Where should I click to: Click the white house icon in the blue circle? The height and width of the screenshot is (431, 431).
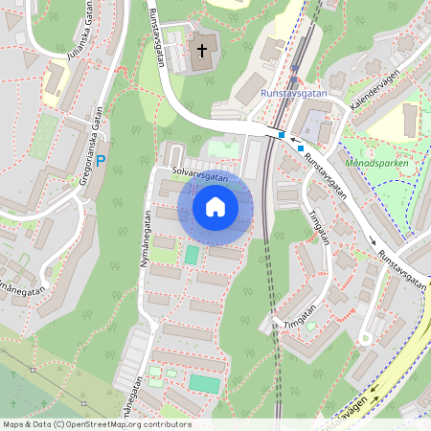point(215,206)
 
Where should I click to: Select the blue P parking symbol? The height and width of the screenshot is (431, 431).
point(101,162)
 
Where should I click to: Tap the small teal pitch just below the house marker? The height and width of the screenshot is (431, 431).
point(192,256)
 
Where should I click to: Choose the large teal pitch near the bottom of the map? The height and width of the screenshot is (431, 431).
point(204,383)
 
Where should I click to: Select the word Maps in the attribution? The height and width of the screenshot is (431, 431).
point(14,423)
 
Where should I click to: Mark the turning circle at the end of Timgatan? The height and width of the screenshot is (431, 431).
point(365,338)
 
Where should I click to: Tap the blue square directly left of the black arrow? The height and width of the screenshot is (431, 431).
point(282,135)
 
